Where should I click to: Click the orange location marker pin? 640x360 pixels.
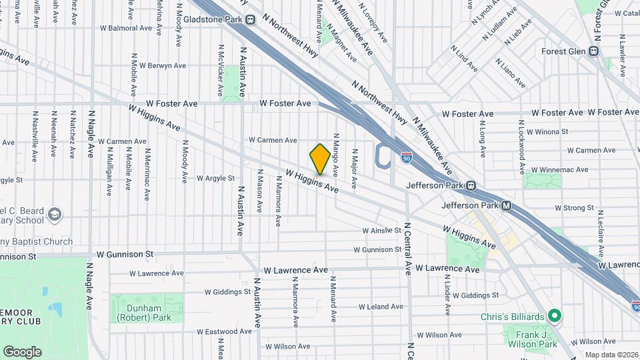click(x=320, y=159)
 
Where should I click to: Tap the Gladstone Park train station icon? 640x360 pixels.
click(x=251, y=19)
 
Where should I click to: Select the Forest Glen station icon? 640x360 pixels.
click(x=594, y=51)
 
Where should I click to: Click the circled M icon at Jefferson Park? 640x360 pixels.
click(x=507, y=205)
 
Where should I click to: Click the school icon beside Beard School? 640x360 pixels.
click(x=54, y=214)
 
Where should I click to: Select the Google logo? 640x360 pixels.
click(x=22, y=351)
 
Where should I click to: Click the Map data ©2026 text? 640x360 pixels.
click(x=611, y=355)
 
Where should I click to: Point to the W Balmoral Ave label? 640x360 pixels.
click(x=126, y=28)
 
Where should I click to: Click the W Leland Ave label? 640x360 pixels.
click(x=381, y=307)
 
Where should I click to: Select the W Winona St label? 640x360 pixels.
click(x=547, y=132)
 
